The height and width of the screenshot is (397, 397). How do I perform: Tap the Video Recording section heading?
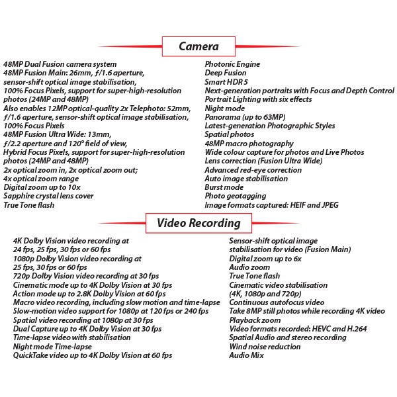pos(198,223)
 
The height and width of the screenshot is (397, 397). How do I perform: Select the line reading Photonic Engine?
pos(232,64)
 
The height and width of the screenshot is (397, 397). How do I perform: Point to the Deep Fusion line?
pos(226,73)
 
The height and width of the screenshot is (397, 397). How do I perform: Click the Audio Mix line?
pos(246,355)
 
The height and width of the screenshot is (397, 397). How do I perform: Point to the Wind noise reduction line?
pos(264,346)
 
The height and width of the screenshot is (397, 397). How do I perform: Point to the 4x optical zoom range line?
pos(40,179)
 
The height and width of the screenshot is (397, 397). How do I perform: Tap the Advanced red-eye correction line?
pos(253,170)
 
